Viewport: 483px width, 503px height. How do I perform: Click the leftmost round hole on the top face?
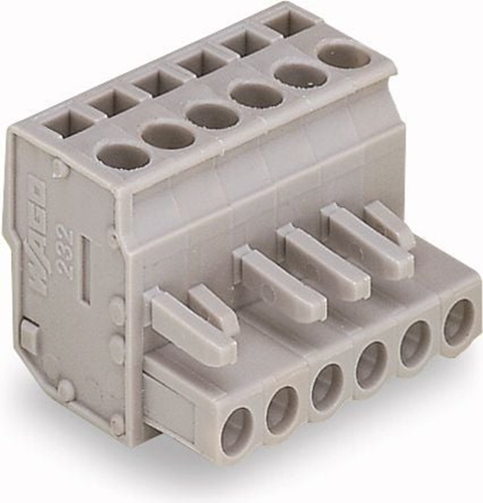[123, 156]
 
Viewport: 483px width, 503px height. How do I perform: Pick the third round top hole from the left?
[213, 115]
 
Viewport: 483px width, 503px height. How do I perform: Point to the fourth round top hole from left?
[256, 94]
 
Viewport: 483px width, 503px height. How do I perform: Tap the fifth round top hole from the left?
[301, 74]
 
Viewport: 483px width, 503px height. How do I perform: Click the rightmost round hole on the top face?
[345, 56]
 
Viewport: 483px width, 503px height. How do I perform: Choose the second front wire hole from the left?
[283, 408]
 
